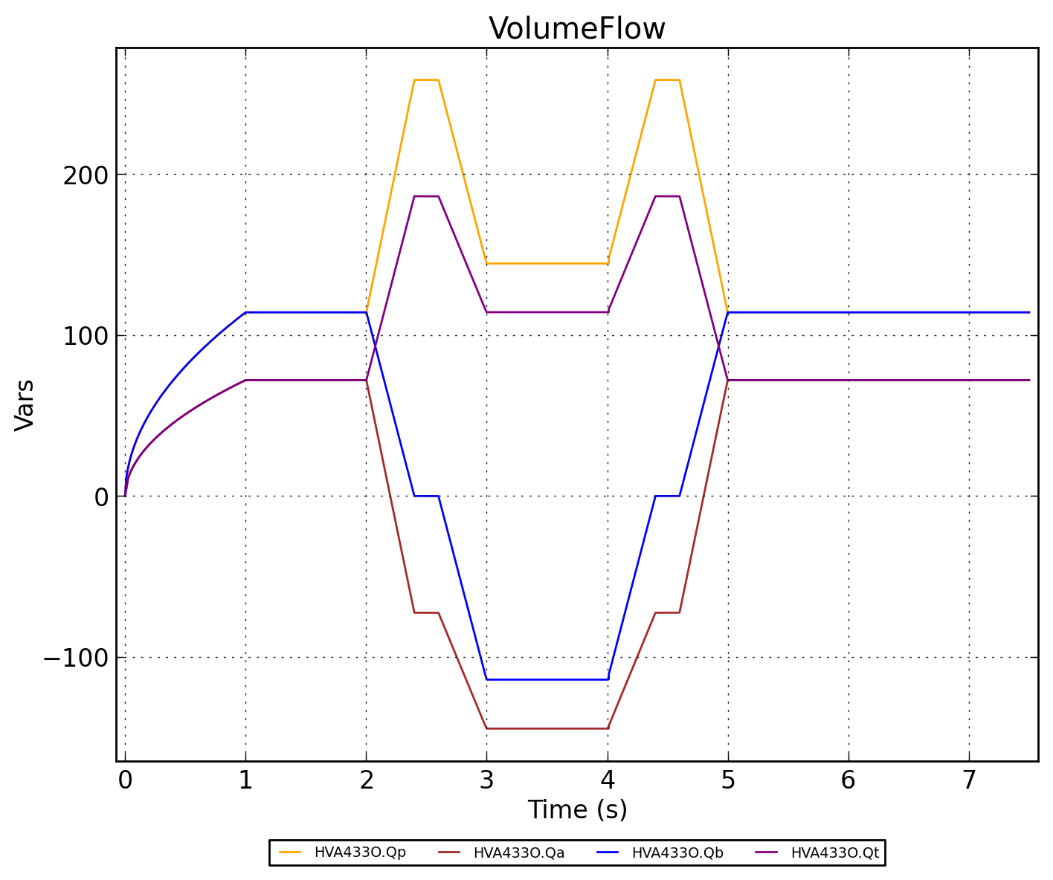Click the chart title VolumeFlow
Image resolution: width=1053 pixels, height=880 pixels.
576,29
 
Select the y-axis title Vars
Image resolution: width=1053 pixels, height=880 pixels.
25,404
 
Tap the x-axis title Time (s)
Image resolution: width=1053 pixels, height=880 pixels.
577,809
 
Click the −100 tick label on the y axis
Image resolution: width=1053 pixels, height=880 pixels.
75,658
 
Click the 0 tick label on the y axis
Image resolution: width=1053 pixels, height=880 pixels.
102,496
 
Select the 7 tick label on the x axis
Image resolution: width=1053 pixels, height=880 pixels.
969,781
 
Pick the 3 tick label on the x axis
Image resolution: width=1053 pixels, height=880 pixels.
486,781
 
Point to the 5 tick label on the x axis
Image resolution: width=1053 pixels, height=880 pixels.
728,781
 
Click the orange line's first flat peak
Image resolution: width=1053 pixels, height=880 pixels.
426,80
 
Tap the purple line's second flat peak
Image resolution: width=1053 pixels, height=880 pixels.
667,196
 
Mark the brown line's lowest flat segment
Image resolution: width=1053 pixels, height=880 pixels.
547,728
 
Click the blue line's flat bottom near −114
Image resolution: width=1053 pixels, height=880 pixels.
547,679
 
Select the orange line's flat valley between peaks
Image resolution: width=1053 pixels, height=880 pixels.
547,264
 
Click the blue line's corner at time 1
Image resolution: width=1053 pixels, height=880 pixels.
245,313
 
